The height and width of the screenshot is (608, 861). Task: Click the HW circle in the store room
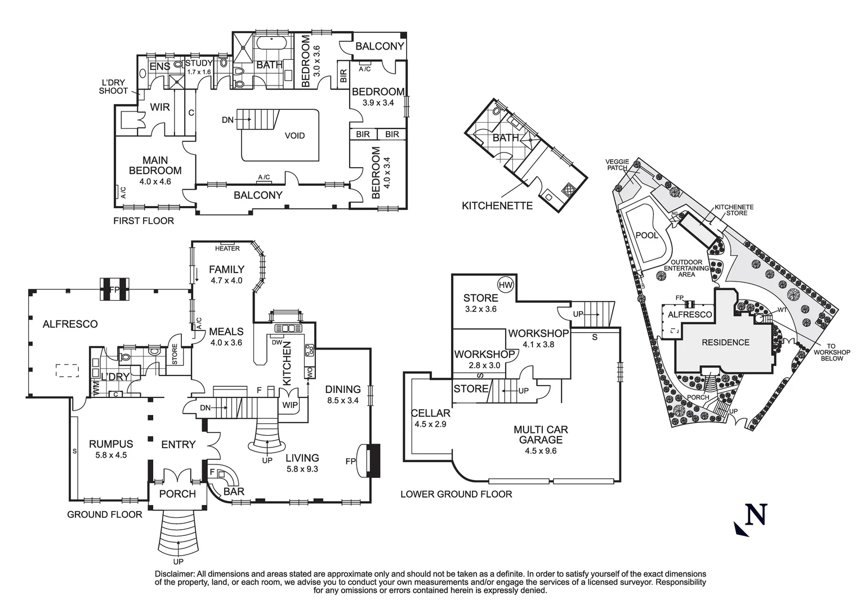[506, 285]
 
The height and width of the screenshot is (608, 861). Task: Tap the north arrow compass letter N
[756, 515]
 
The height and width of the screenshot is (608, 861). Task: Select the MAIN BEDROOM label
[155, 166]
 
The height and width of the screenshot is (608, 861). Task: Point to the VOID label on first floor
[295, 136]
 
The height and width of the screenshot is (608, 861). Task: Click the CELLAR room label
[430, 413]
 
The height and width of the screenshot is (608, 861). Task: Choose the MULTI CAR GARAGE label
[537, 435]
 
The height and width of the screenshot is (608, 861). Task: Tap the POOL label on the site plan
[646, 235]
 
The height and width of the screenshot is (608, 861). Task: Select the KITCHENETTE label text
[497, 205]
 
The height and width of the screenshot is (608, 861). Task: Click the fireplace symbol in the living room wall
[372, 461]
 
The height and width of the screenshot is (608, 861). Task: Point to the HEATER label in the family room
[227, 248]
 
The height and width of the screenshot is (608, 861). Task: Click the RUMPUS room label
[111, 444]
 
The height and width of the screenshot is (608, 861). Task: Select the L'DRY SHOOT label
[113, 87]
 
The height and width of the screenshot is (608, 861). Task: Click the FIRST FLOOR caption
[144, 221]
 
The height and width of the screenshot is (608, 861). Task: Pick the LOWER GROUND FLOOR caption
[456, 494]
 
